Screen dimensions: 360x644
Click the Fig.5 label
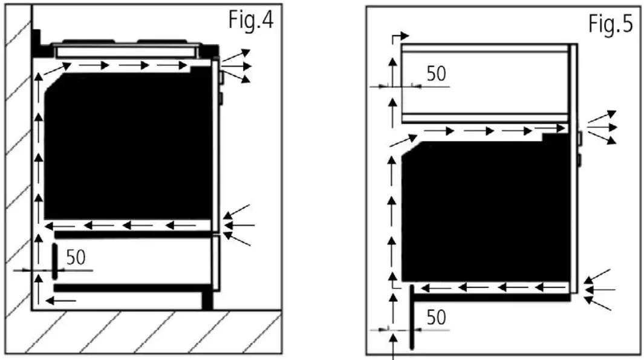coord(610,24)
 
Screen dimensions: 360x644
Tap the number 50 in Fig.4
coord(76,257)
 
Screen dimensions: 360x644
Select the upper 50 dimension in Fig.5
coord(436,73)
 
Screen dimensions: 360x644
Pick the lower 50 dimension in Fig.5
coord(436,317)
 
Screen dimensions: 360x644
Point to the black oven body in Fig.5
coord(484,212)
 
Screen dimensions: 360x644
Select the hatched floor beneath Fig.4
coord(151,333)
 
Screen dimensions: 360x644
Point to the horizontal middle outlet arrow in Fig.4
coord(236,64)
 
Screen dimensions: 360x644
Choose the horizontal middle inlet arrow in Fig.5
coord(600,290)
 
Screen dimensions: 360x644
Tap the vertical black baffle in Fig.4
coord(54,261)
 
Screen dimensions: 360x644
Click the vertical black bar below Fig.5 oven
coord(411,318)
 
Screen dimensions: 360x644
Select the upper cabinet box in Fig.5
coord(484,82)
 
